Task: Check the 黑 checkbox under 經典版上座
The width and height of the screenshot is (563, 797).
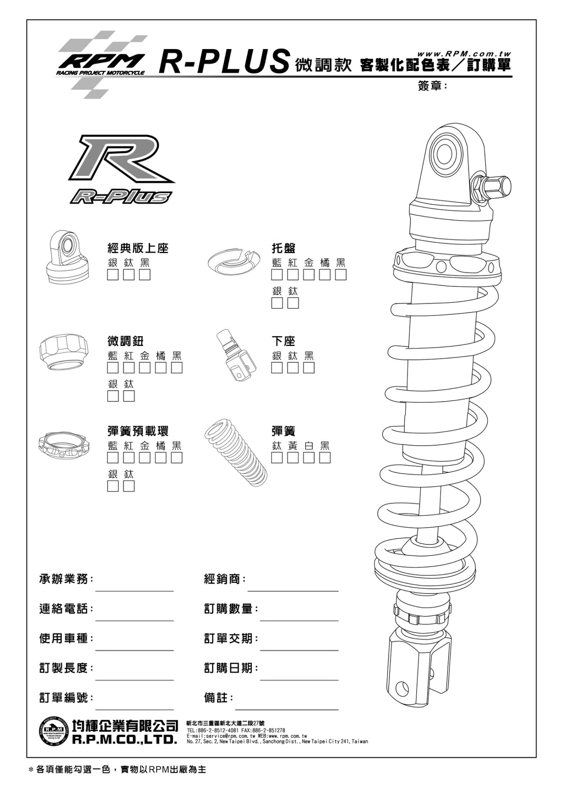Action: (x=145, y=275)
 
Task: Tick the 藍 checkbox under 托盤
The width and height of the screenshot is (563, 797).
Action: (x=277, y=275)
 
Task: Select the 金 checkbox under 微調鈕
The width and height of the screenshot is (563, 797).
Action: (x=145, y=368)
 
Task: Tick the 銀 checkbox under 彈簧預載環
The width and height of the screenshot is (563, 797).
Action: (x=113, y=486)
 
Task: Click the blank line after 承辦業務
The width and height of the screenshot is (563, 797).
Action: (x=134, y=587)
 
